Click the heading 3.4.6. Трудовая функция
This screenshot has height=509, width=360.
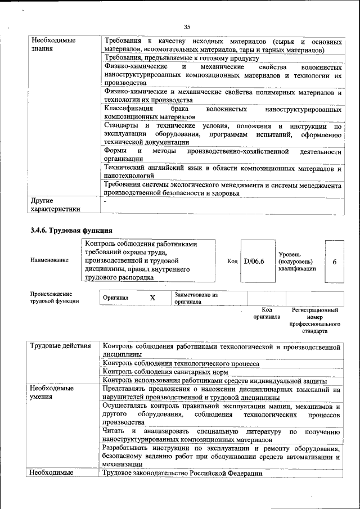(x=71, y=230)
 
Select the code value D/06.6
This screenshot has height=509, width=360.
(x=254, y=261)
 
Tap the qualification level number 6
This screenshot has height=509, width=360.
(x=335, y=262)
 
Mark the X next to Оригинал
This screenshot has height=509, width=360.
(x=152, y=298)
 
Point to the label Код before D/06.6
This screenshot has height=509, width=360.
(x=232, y=261)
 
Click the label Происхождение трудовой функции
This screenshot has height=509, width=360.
(x=54, y=297)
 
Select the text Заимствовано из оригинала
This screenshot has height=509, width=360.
(x=196, y=298)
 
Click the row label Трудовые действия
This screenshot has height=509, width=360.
(x=60, y=345)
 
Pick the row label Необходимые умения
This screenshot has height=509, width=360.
(x=52, y=393)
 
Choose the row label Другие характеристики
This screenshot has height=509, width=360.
(x=55, y=205)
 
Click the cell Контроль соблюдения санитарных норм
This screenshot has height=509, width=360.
(x=165, y=372)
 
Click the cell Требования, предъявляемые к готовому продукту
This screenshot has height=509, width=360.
(x=181, y=58)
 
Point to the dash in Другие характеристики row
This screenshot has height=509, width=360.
(x=105, y=201)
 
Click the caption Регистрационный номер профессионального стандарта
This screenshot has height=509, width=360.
(x=314, y=321)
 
